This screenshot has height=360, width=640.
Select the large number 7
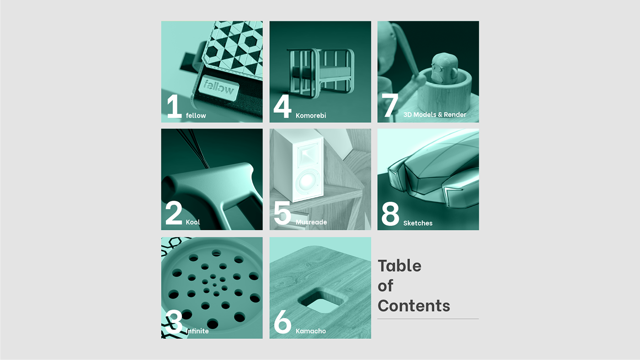click(390, 106)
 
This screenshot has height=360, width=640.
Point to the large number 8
click(390, 214)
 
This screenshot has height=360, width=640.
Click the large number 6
click(283, 322)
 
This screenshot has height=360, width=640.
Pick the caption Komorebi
click(311, 116)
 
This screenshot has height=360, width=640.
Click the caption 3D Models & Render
click(435, 115)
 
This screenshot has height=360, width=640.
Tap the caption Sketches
click(418, 223)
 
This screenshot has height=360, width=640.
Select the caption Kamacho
click(311, 331)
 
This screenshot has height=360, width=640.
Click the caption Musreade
click(311, 222)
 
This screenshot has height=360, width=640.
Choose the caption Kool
click(193, 222)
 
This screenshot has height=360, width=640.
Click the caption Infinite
click(197, 331)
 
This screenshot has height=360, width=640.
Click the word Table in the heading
click(400, 266)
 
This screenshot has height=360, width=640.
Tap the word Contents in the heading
click(414, 306)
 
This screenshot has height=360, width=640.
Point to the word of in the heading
click(385, 286)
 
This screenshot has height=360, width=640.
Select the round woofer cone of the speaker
click(307, 181)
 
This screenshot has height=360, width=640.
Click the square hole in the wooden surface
click(322, 301)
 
